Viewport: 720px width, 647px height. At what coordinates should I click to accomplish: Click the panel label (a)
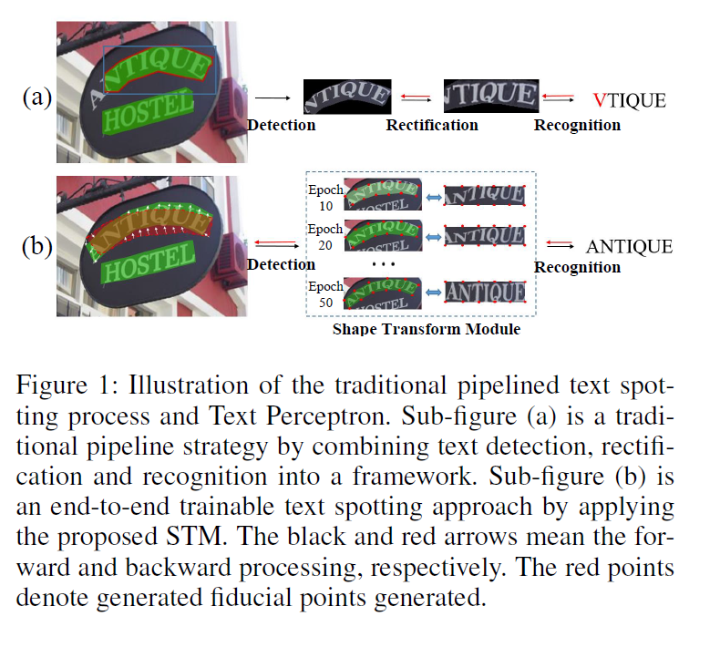pos(36,98)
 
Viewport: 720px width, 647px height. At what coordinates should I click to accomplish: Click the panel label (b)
pos(36,247)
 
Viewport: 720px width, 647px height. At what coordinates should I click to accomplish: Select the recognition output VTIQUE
pos(630,100)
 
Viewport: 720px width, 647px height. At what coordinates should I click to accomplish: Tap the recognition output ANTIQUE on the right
pos(629,247)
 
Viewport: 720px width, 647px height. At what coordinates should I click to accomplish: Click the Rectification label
pos(432,125)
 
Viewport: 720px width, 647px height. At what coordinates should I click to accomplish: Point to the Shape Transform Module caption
pos(427,329)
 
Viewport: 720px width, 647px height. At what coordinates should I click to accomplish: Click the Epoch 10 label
pos(324,198)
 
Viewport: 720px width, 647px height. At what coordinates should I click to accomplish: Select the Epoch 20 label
pos(324,236)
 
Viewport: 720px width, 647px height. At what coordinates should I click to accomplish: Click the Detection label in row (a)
pos(282,125)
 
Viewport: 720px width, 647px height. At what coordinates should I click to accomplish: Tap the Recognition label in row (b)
pos(577,267)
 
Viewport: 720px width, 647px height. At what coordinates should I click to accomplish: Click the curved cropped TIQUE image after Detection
pos(347,95)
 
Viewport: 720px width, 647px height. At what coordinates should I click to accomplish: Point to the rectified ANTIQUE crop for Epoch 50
pos(485,292)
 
